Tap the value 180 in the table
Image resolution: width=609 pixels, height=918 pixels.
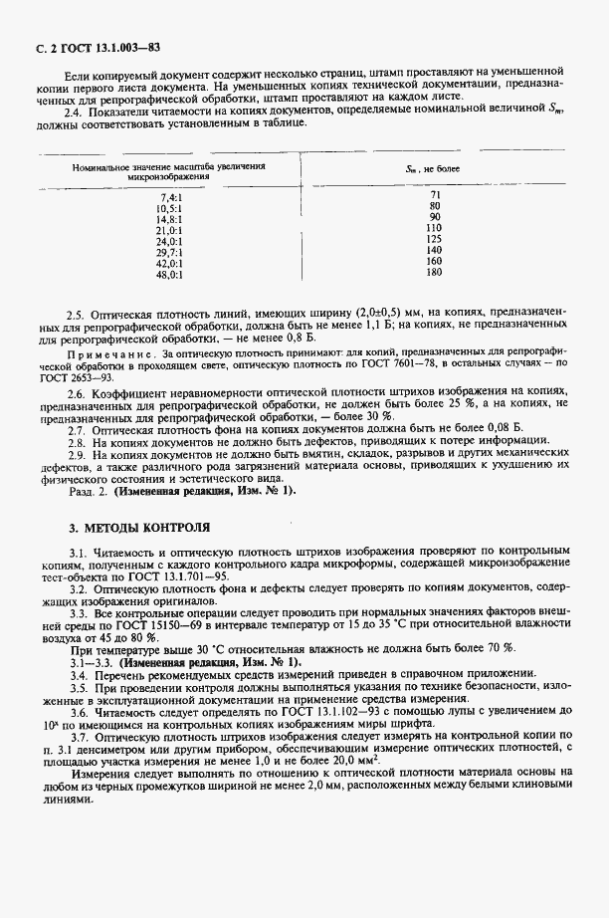[x=433, y=273]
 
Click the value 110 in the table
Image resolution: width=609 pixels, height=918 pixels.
[x=433, y=228]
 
